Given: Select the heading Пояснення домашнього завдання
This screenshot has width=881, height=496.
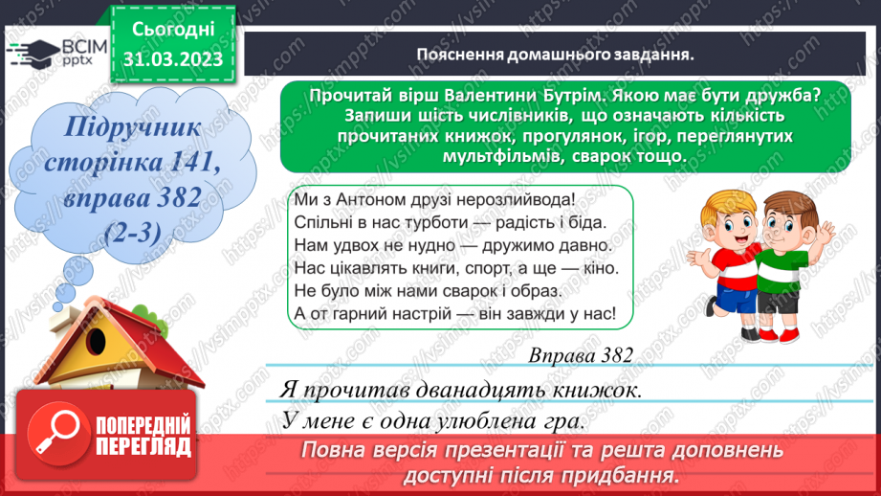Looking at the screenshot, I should [x=555, y=55].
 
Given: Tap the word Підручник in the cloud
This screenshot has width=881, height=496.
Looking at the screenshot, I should [x=122, y=127].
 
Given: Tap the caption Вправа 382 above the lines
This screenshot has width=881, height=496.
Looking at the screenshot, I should [x=580, y=355].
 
